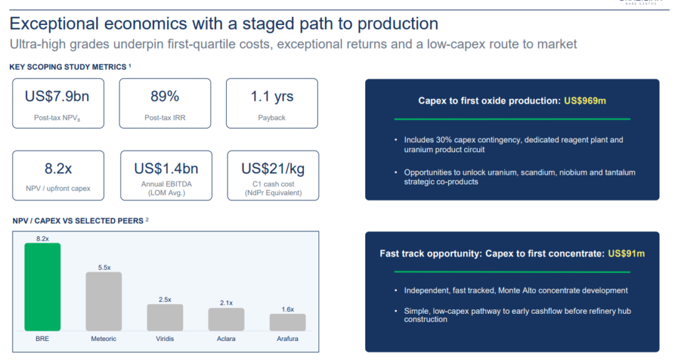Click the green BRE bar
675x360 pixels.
click(x=42, y=287)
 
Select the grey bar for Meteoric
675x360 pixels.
click(x=103, y=301)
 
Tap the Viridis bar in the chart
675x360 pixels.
click(x=165, y=317)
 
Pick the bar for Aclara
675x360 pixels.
click(x=227, y=320)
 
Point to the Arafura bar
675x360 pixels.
click(x=287, y=322)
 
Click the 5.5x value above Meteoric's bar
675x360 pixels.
click(x=104, y=268)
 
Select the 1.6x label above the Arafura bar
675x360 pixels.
click(x=287, y=309)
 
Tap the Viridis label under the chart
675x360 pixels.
click(x=165, y=338)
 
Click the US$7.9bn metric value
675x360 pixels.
click(x=57, y=96)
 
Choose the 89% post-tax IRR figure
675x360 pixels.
click(x=165, y=96)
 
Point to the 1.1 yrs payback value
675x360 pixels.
click(x=272, y=96)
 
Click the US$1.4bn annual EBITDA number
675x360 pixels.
click(x=166, y=168)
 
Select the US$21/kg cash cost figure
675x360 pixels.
click(x=273, y=168)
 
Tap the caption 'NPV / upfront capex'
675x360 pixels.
click(x=58, y=188)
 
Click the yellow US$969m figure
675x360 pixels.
click(x=585, y=101)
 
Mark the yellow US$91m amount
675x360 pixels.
click(x=626, y=254)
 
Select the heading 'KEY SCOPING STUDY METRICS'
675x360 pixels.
click(x=68, y=67)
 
